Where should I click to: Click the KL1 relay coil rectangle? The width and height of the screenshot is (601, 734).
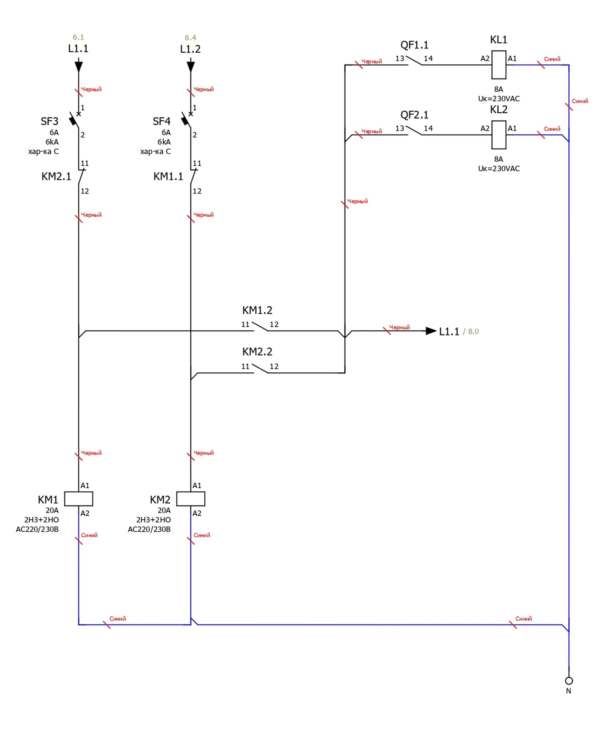tap(499, 65)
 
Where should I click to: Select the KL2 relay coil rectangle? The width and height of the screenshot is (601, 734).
tap(499, 135)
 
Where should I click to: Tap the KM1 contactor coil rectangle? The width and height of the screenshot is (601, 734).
tap(79, 499)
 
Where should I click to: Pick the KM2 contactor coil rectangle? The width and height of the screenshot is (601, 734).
tap(190, 499)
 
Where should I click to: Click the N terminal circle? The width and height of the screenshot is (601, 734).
tap(569, 681)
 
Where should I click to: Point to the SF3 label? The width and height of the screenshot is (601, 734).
tap(49, 121)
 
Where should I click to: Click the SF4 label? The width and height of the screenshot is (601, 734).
tap(162, 121)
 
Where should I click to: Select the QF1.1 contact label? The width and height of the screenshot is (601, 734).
tap(414, 45)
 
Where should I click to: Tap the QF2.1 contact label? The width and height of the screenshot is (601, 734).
tap(414, 115)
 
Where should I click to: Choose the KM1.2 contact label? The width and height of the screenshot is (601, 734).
tap(257, 310)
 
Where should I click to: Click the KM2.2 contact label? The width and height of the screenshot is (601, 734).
tap(257, 352)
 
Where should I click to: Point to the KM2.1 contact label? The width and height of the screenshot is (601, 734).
tap(56, 176)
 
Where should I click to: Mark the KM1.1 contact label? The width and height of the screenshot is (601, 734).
tap(168, 176)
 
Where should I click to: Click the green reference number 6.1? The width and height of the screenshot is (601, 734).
tap(78, 37)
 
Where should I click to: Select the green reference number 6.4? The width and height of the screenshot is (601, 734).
tap(190, 38)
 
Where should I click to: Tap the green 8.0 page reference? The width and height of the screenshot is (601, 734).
tap(473, 332)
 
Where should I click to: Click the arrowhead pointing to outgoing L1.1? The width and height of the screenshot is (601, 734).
tap(431, 331)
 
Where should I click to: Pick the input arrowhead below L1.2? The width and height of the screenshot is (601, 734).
tap(190, 66)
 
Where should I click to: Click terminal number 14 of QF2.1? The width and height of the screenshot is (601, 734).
tap(428, 128)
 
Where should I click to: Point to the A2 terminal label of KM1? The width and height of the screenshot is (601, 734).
tap(85, 513)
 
